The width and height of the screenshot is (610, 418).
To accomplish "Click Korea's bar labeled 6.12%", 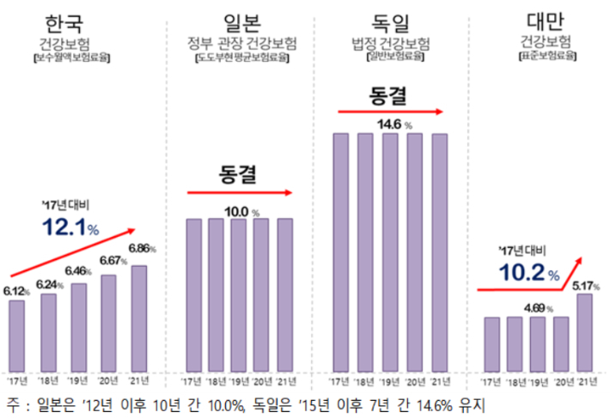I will click(17, 335).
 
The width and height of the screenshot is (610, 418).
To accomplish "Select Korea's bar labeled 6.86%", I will click(138, 318).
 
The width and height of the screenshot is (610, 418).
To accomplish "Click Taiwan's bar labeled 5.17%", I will click(584, 331).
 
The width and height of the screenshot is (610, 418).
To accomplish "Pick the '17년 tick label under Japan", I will click(192, 380).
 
